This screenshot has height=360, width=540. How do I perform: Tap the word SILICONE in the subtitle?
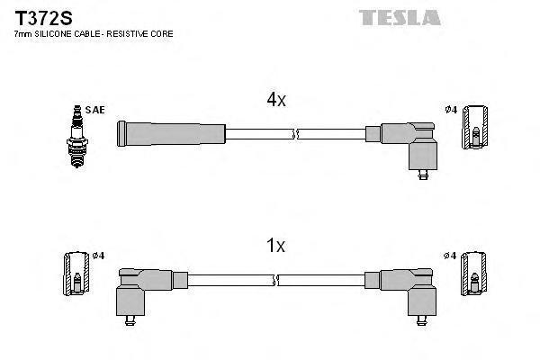(56, 33)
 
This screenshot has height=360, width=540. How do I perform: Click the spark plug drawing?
(76, 130)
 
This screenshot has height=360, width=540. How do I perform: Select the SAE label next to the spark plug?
(96, 110)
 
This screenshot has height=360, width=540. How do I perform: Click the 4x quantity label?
(276, 101)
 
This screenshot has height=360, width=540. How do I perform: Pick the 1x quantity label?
(276, 245)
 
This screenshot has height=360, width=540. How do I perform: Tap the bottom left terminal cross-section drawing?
(76, 274)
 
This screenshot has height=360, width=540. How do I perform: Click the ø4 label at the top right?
(451, 110)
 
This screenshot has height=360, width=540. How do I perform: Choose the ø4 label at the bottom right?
(451, 256)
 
